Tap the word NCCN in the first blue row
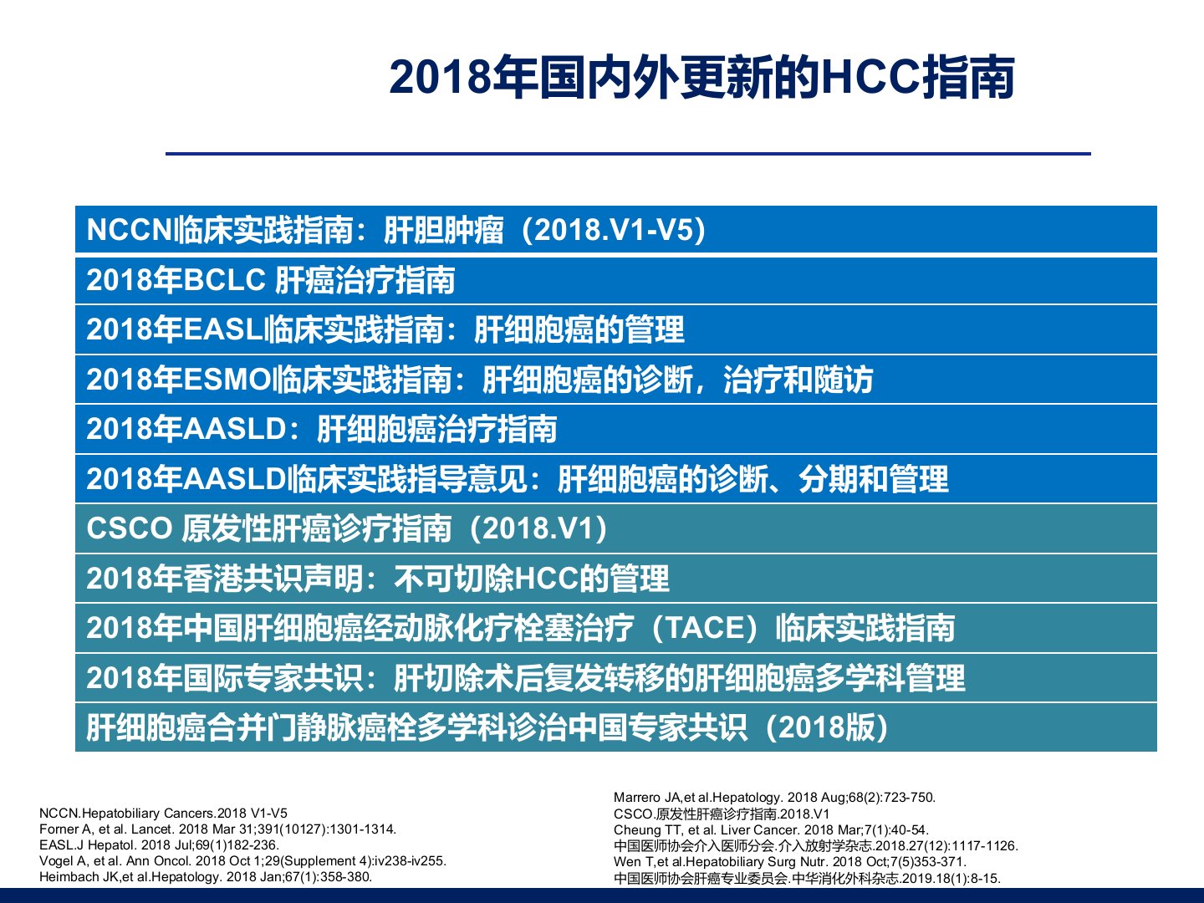(x=130, y=229)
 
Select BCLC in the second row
(x=224, y=279)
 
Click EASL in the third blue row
(x=222, y=329)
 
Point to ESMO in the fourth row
(x=227, y=380)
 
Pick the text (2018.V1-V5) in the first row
(x=613, y=230)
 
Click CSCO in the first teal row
(x=130, y=528)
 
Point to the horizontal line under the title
(x=628, y=154)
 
